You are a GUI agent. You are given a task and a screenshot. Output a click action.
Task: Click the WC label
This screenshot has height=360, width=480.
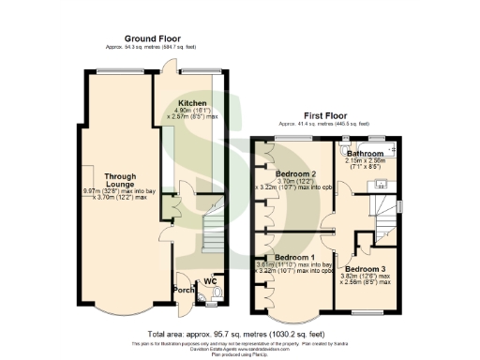pyautogui.click(x=212, y=279)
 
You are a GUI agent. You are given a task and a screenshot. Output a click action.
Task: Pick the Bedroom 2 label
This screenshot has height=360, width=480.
pyautogui.click(x=296, y=173)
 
